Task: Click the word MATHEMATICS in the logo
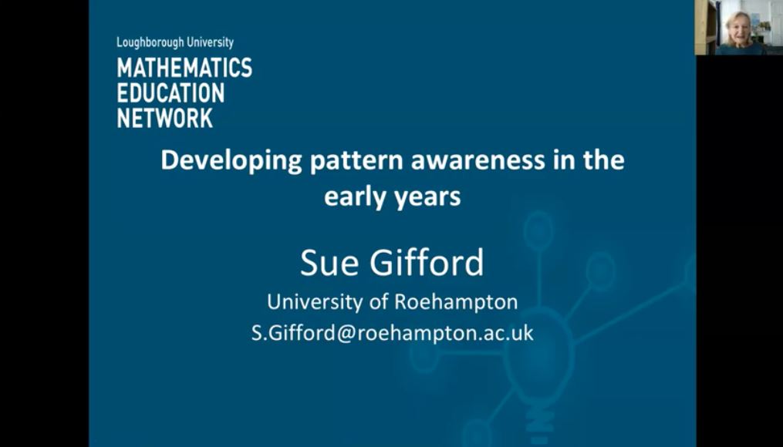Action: [184, 67]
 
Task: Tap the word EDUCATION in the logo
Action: [170, 92]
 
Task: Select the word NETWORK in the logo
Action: [165, 118]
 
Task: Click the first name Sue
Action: [329, 263]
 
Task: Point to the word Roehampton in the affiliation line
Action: [456, 303]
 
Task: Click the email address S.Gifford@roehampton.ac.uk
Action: [393, 333]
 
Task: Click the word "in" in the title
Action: [564, 160]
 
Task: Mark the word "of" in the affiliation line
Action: [379, 302]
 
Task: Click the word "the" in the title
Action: [603, 160]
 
